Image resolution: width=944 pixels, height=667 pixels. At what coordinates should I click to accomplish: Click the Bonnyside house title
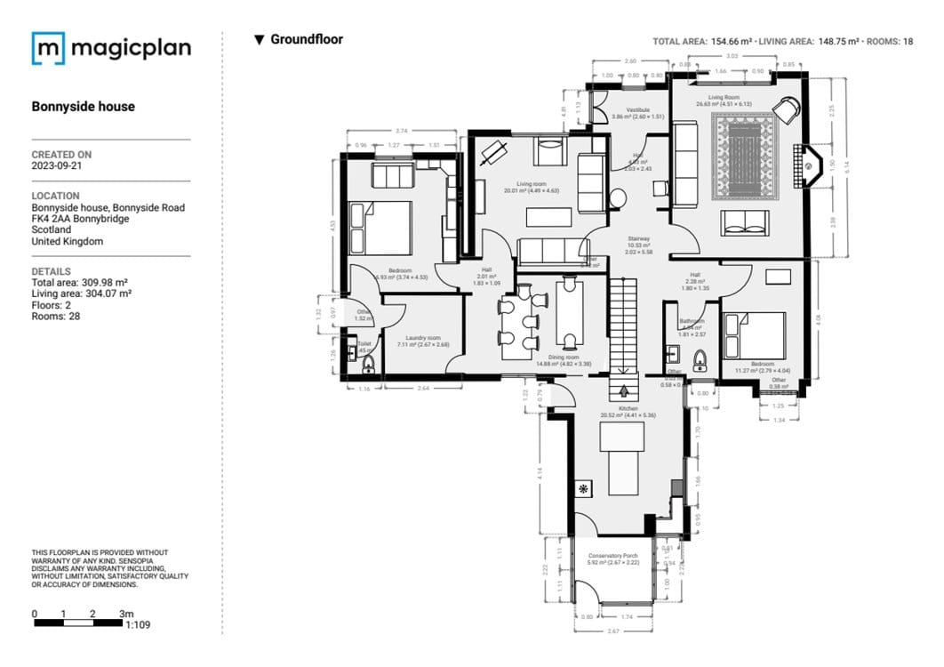[84, 107]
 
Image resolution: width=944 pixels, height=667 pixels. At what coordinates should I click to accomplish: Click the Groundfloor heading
[306, 39]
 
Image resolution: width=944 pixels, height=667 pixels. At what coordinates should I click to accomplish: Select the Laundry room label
[423, 338]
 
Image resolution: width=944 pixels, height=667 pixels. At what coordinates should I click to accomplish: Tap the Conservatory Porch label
[613, 556]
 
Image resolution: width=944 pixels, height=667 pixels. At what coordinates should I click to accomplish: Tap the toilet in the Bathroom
[700, 361]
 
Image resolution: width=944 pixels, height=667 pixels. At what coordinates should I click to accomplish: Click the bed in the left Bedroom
[381, 229]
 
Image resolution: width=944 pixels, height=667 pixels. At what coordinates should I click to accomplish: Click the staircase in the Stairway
[623, 325]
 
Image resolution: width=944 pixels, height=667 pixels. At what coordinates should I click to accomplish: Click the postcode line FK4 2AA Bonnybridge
[80, 219]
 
